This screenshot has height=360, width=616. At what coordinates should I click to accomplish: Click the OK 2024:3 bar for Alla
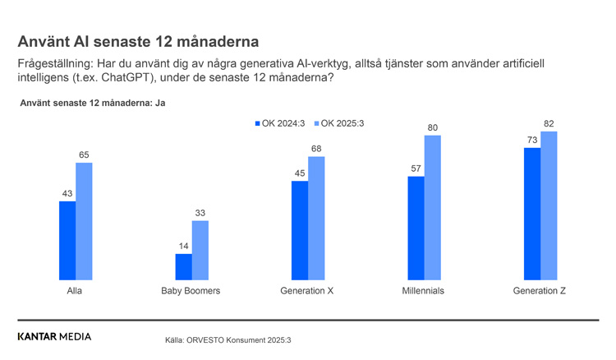[x=67, y=240]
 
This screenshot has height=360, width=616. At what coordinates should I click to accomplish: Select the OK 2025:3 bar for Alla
[x=84, y=221]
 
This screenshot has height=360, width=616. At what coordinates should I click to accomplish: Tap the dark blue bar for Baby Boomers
[x=183, y=266]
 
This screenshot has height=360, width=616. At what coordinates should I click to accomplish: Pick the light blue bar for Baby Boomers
[x=200, y=250]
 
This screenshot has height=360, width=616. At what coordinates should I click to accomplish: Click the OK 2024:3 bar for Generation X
[x=300, y=230]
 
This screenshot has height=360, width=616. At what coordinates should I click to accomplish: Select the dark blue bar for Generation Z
[x=532, y=214]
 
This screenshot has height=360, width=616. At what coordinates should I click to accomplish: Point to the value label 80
[x=433, y=127]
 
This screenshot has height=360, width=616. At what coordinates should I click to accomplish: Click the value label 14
[x=183, y=246]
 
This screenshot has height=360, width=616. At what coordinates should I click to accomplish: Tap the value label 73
[x=532, y=141]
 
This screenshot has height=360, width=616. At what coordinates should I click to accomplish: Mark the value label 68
[x=316, y=149]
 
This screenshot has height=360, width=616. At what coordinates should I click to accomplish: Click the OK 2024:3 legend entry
[x=279, y=123]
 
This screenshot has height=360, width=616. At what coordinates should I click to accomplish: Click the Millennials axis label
[x=424, y=291]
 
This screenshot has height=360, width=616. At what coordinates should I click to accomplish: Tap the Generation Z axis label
[x=540, y=291]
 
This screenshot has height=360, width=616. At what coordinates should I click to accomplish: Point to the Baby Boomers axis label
[x=191, y=291]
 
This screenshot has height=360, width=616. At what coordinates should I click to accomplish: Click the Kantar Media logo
[x=54, y=336]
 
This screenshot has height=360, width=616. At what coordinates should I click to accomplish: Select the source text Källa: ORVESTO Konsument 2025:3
[x=228, y=339]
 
